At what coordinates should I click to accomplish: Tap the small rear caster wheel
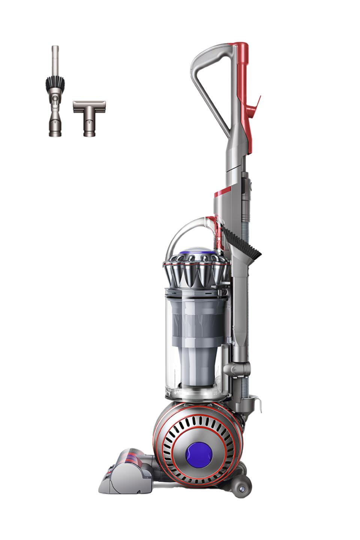(240, 489)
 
